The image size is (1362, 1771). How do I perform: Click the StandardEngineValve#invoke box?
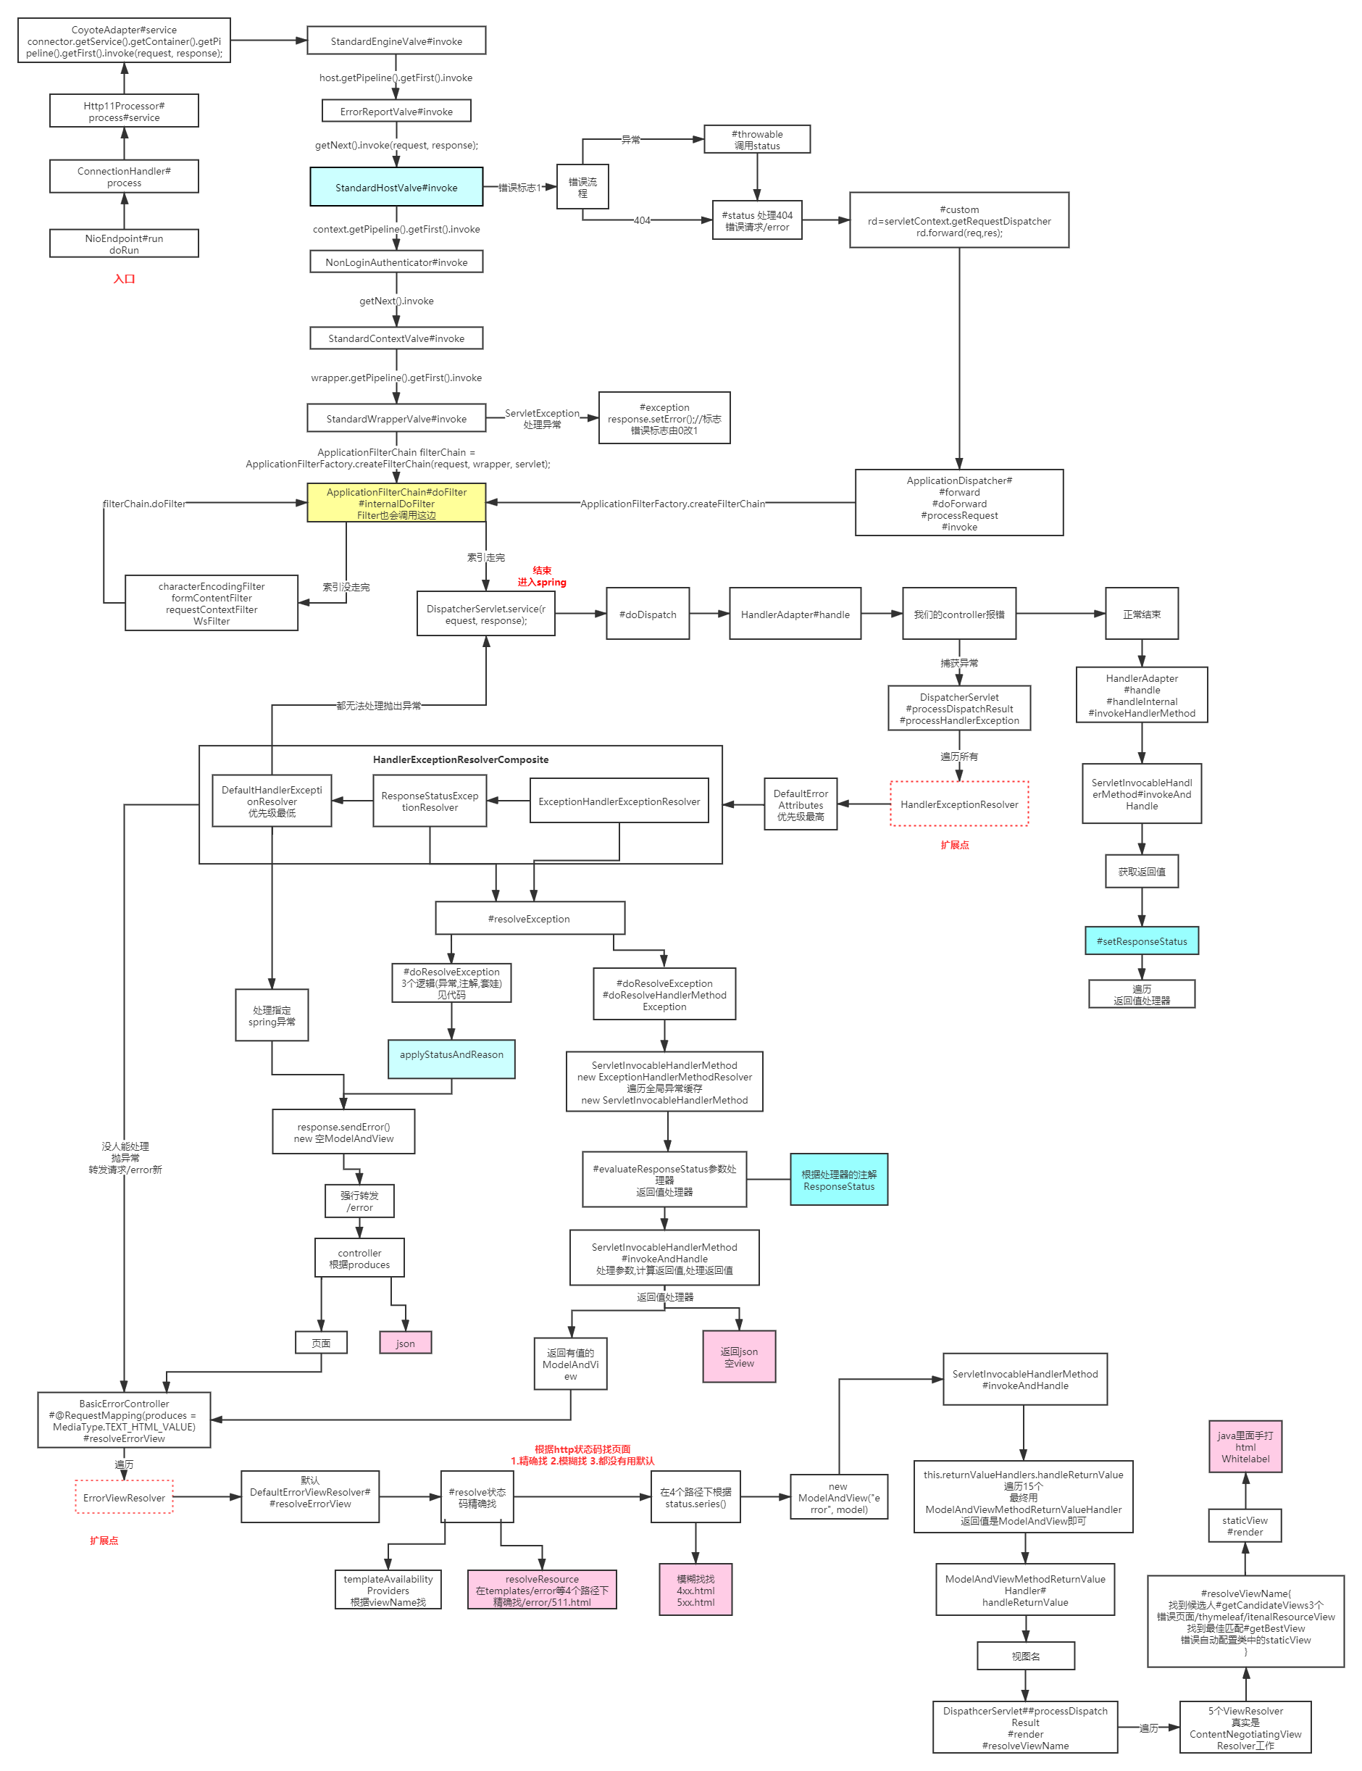[x=396, y=41]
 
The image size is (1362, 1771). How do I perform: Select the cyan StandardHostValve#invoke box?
[x=396, y=187]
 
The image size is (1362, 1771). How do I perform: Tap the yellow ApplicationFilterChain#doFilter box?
[x=396, y=503]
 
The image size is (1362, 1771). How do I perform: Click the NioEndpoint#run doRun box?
[x=124, y=243]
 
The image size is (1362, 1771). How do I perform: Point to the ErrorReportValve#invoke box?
[x=396, y=111]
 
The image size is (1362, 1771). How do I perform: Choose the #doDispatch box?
[x=647, y=614]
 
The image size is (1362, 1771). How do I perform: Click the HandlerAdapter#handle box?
[x=795, y=614]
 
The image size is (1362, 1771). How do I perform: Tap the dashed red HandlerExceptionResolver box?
[x=958, y=804]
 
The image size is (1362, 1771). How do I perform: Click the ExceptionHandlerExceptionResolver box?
[x=619, y=801]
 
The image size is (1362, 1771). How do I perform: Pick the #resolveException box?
[x=529, y=918]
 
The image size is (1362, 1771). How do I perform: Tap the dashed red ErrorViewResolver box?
[x=124, y=1497]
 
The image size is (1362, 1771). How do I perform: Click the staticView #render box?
[x=1245, y=1525]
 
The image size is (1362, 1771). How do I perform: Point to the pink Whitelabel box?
[x=1245, y=1446]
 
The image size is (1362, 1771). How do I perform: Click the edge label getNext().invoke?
[x=396, y=300]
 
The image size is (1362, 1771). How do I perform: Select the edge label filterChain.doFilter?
[x=144, y=503]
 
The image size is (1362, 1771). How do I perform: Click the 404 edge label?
[x=641, y=220]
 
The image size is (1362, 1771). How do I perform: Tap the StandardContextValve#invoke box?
[x=396, y=338]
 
